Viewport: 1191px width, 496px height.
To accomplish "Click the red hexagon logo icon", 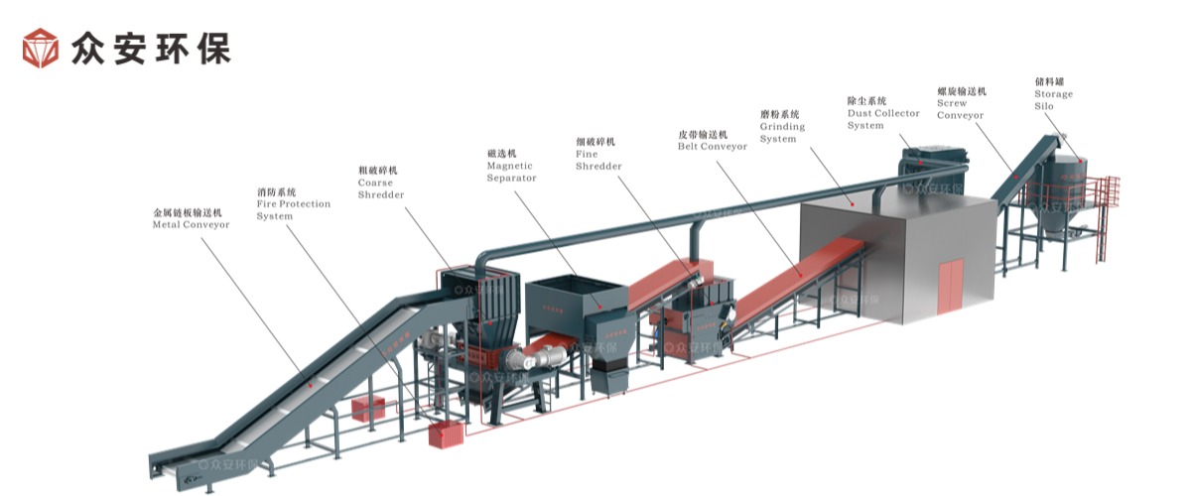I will point(42,48).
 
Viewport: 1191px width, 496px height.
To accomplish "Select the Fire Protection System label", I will point(293,203).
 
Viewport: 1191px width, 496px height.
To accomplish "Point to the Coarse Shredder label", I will point(381,183).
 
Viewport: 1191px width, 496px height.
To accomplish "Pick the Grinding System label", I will point(782,126).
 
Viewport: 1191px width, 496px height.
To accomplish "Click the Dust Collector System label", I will point(882,113).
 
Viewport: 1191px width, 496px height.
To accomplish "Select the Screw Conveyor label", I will point(961,103).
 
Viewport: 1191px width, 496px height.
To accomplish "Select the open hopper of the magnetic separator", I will point(574,294).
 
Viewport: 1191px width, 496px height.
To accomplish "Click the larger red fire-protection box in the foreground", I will point(446,434).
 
